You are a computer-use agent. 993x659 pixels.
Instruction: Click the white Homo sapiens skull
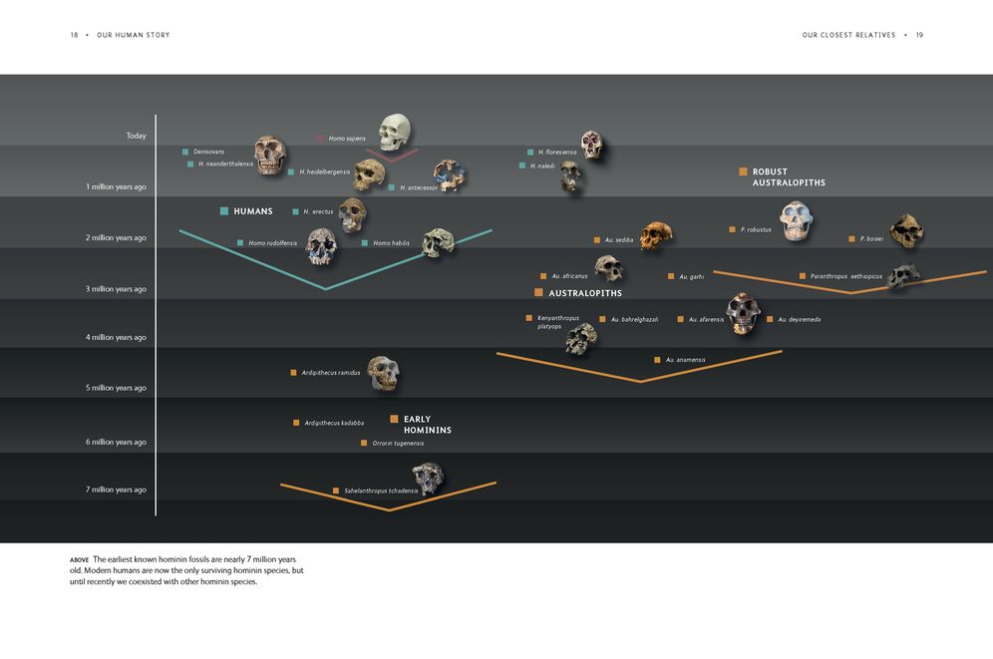point(395,132)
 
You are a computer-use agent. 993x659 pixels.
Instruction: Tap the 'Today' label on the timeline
point(137,136)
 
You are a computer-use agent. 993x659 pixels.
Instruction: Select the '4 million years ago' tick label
point(116,337)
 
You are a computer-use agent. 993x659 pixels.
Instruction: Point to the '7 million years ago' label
point(116,490)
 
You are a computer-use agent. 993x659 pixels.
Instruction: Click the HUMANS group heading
point(252,211)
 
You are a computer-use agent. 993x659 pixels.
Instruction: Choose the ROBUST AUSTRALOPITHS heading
point(789,177)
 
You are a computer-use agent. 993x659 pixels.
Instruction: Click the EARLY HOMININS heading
point(428,424)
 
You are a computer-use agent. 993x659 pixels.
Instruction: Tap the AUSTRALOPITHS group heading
point(585,293)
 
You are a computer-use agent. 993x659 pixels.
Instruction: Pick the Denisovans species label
point(208,152)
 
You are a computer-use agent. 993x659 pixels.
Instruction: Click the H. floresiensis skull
point(591,145)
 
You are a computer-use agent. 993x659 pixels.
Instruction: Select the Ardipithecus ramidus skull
point(383,372)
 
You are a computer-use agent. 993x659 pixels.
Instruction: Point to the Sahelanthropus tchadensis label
point(381,491)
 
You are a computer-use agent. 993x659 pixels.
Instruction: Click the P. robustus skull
point(796,220)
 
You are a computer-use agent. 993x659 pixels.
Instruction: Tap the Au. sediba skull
point(655,235)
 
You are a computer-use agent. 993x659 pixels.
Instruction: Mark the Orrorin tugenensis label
point(398,443)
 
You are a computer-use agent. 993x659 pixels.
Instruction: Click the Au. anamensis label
point(685,360)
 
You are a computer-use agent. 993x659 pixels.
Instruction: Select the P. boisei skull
point(906,231)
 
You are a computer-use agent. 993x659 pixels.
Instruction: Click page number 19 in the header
point(919,35)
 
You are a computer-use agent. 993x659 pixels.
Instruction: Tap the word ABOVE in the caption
point(79,559)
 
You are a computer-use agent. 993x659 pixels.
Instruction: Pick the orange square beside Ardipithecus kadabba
point(296,423)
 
